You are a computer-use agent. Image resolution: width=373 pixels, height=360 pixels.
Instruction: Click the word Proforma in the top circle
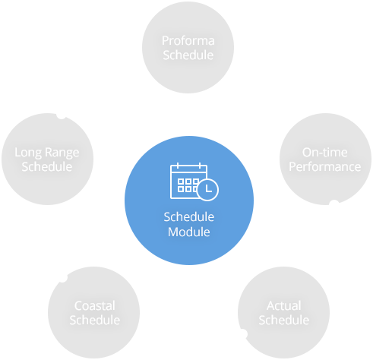(x=188, y=41)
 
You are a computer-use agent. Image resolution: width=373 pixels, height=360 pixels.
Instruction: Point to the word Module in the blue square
(x=188, y=232)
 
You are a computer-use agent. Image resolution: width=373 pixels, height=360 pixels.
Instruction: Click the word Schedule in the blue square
(x=188, y=217)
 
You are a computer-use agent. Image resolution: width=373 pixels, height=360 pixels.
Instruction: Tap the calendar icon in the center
(x=188, y=182)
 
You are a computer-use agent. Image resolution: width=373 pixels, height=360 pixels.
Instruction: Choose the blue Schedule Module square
(x=188, y=200)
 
